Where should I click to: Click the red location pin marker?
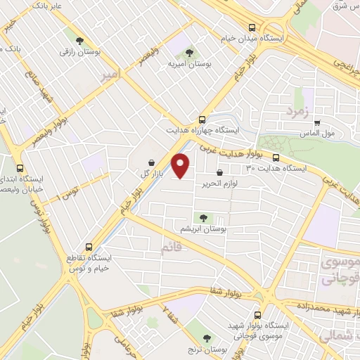pyautogui.click(x=181, y=165)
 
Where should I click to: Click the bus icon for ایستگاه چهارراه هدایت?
pyautogui.click(x=202, y=119)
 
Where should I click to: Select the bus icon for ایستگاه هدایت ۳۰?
pyautogui.click(x=276, y=157)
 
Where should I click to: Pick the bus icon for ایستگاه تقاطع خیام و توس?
pyautogui.click(x=89, y=247)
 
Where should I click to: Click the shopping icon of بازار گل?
pyautogui.click(x=151, y=162)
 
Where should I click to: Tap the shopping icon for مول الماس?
pyautogui.click(x=317, y=122)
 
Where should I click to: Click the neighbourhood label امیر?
pyautogui.click(x=111, y=74)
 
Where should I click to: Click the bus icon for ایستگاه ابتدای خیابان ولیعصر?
pyautogui.click(x=19, y=168)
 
